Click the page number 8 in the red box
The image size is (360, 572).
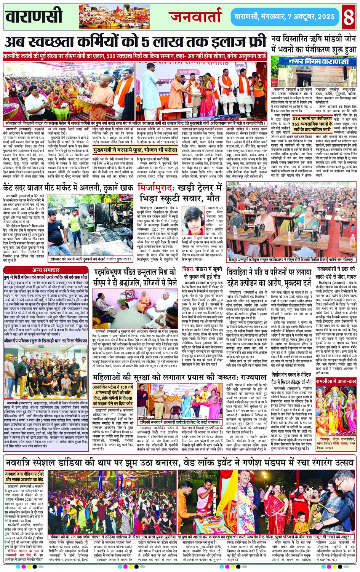tap(349, 16)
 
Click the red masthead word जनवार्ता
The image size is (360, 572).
tap(196, 16)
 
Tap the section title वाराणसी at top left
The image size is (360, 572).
tap(34, 17)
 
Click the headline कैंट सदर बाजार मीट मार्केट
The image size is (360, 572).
tap(68, 188)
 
